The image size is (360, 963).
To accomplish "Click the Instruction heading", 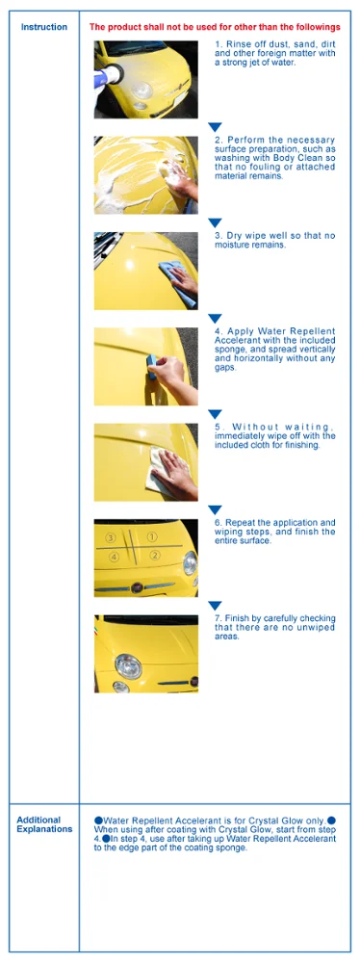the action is (44, 27).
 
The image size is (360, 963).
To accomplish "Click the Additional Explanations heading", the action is (44, 824).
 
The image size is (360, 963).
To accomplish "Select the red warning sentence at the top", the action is (215, 27).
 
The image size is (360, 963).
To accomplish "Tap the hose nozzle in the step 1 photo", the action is (108, 75).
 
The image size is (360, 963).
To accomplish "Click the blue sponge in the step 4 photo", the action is (150, 367).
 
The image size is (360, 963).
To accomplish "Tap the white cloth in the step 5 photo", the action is (161, 469).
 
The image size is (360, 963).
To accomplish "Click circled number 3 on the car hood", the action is (111, 537).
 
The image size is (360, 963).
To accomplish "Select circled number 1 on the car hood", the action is (152, 536).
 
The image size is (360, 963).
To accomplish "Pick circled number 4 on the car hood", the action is (114, 557).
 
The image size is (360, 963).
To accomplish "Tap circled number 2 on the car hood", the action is (155, 556).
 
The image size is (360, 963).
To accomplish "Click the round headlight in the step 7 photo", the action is (128, 666).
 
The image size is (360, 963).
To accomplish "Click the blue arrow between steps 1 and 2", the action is (215, 126).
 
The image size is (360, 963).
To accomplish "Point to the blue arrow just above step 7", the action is (215, 606).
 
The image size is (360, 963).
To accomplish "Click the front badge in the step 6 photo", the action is (137, 587).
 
